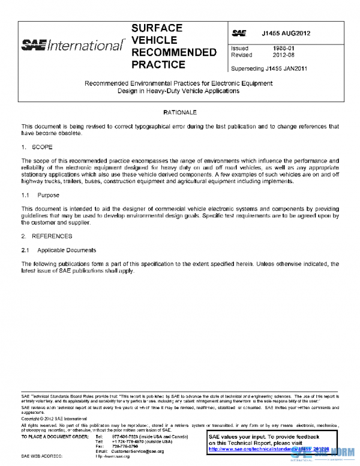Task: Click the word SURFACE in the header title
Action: coord(157,28)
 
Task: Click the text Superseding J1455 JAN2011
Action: coord(269,68)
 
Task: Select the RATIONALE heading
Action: coord(179,112)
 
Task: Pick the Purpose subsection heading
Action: coord(48,195)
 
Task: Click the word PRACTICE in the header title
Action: coord(158,64)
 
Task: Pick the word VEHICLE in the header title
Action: coord(154,40)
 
